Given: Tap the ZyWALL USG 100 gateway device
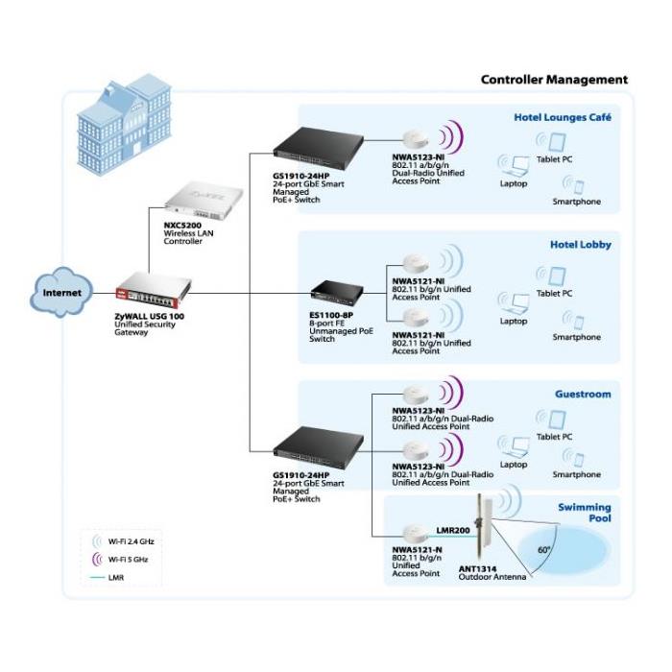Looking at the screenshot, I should pos(154,288).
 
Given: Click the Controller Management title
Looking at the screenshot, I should pos(554,80).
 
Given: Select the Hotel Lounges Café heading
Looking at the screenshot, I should pos(563,118).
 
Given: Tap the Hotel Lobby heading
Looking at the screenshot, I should pos(580,245).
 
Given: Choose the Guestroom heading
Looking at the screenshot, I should pos(583,394).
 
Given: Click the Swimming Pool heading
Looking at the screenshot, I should pos(586,512).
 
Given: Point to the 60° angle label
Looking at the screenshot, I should pos(544,550).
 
